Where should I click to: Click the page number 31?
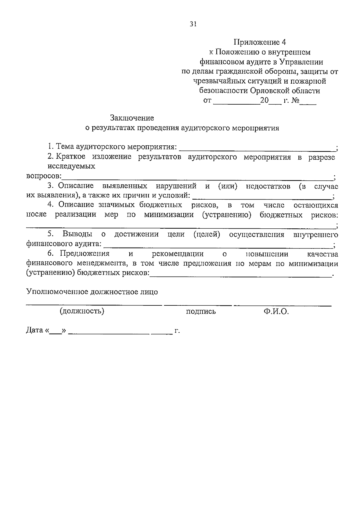[193, 24]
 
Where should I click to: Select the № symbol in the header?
[295, 100]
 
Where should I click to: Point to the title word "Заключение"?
[132, 118]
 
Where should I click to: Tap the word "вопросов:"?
[44, 176]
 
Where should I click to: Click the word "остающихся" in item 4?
[316, 205]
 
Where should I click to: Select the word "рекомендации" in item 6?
[178, 254]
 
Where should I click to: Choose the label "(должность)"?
[82, 311]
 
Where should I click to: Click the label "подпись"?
[201, 312]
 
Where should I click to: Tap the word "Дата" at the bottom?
[34, 330]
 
